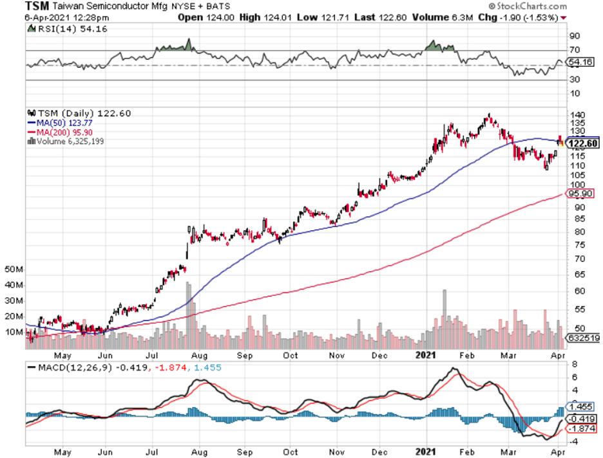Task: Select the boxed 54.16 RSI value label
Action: click(582, 62)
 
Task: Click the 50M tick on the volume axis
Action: click(14, 269)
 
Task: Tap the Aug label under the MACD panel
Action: click(198, 452)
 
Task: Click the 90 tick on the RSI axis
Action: click(573, 36)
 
